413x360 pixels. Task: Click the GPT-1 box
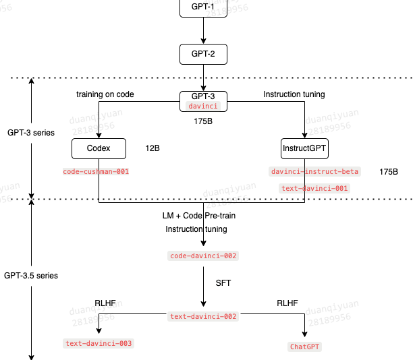pos(203,7)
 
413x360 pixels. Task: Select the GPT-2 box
pos(203,54)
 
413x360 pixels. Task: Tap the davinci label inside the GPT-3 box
pos(203,106)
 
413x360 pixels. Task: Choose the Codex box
pos(99,148)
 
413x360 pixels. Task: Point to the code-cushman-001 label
pos(96,171)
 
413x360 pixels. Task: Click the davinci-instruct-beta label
pos(314,171)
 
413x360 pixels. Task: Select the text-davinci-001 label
pos(314,188)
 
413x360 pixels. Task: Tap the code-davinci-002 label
pos(203,256)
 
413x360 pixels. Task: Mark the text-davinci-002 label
pos(203,316)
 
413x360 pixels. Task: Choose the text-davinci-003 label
pos(99,343)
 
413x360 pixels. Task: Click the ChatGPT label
pos(305,347)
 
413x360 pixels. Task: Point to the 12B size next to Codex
pos(153,148)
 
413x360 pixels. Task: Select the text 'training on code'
pos(105,95)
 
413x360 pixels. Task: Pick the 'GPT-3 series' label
pos(31,133)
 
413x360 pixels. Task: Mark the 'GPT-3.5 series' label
pos(31,276)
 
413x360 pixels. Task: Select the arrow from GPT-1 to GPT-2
pos(203,30)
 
